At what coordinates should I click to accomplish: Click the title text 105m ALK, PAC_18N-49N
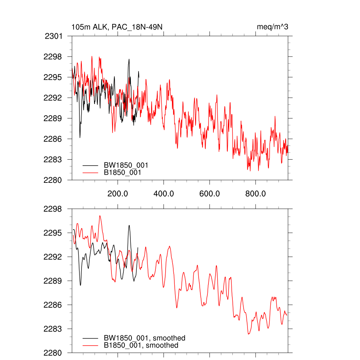[117, 27]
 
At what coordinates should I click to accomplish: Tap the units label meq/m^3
[272, 27]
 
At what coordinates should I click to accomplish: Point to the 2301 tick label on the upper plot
[54, 36]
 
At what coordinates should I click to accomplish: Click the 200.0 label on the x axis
[117, 193]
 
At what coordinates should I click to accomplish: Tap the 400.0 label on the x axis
[163, 193]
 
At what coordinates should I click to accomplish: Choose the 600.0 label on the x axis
[210, 193]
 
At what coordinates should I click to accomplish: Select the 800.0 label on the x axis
[256, 193]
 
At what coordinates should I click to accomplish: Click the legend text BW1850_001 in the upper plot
[126, 165]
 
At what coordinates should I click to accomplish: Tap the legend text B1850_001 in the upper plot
[123, 173]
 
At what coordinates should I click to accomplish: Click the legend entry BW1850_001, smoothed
[144, 338]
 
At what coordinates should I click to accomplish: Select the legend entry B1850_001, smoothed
[141, 346]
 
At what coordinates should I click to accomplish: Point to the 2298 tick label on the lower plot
[53, 209]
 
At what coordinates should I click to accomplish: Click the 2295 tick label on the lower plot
[53, 233]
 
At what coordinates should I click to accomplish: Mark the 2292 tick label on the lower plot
[53, 257]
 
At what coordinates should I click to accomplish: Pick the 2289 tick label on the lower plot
[53, 281]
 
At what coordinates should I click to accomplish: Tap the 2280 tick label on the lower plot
[53, 353]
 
